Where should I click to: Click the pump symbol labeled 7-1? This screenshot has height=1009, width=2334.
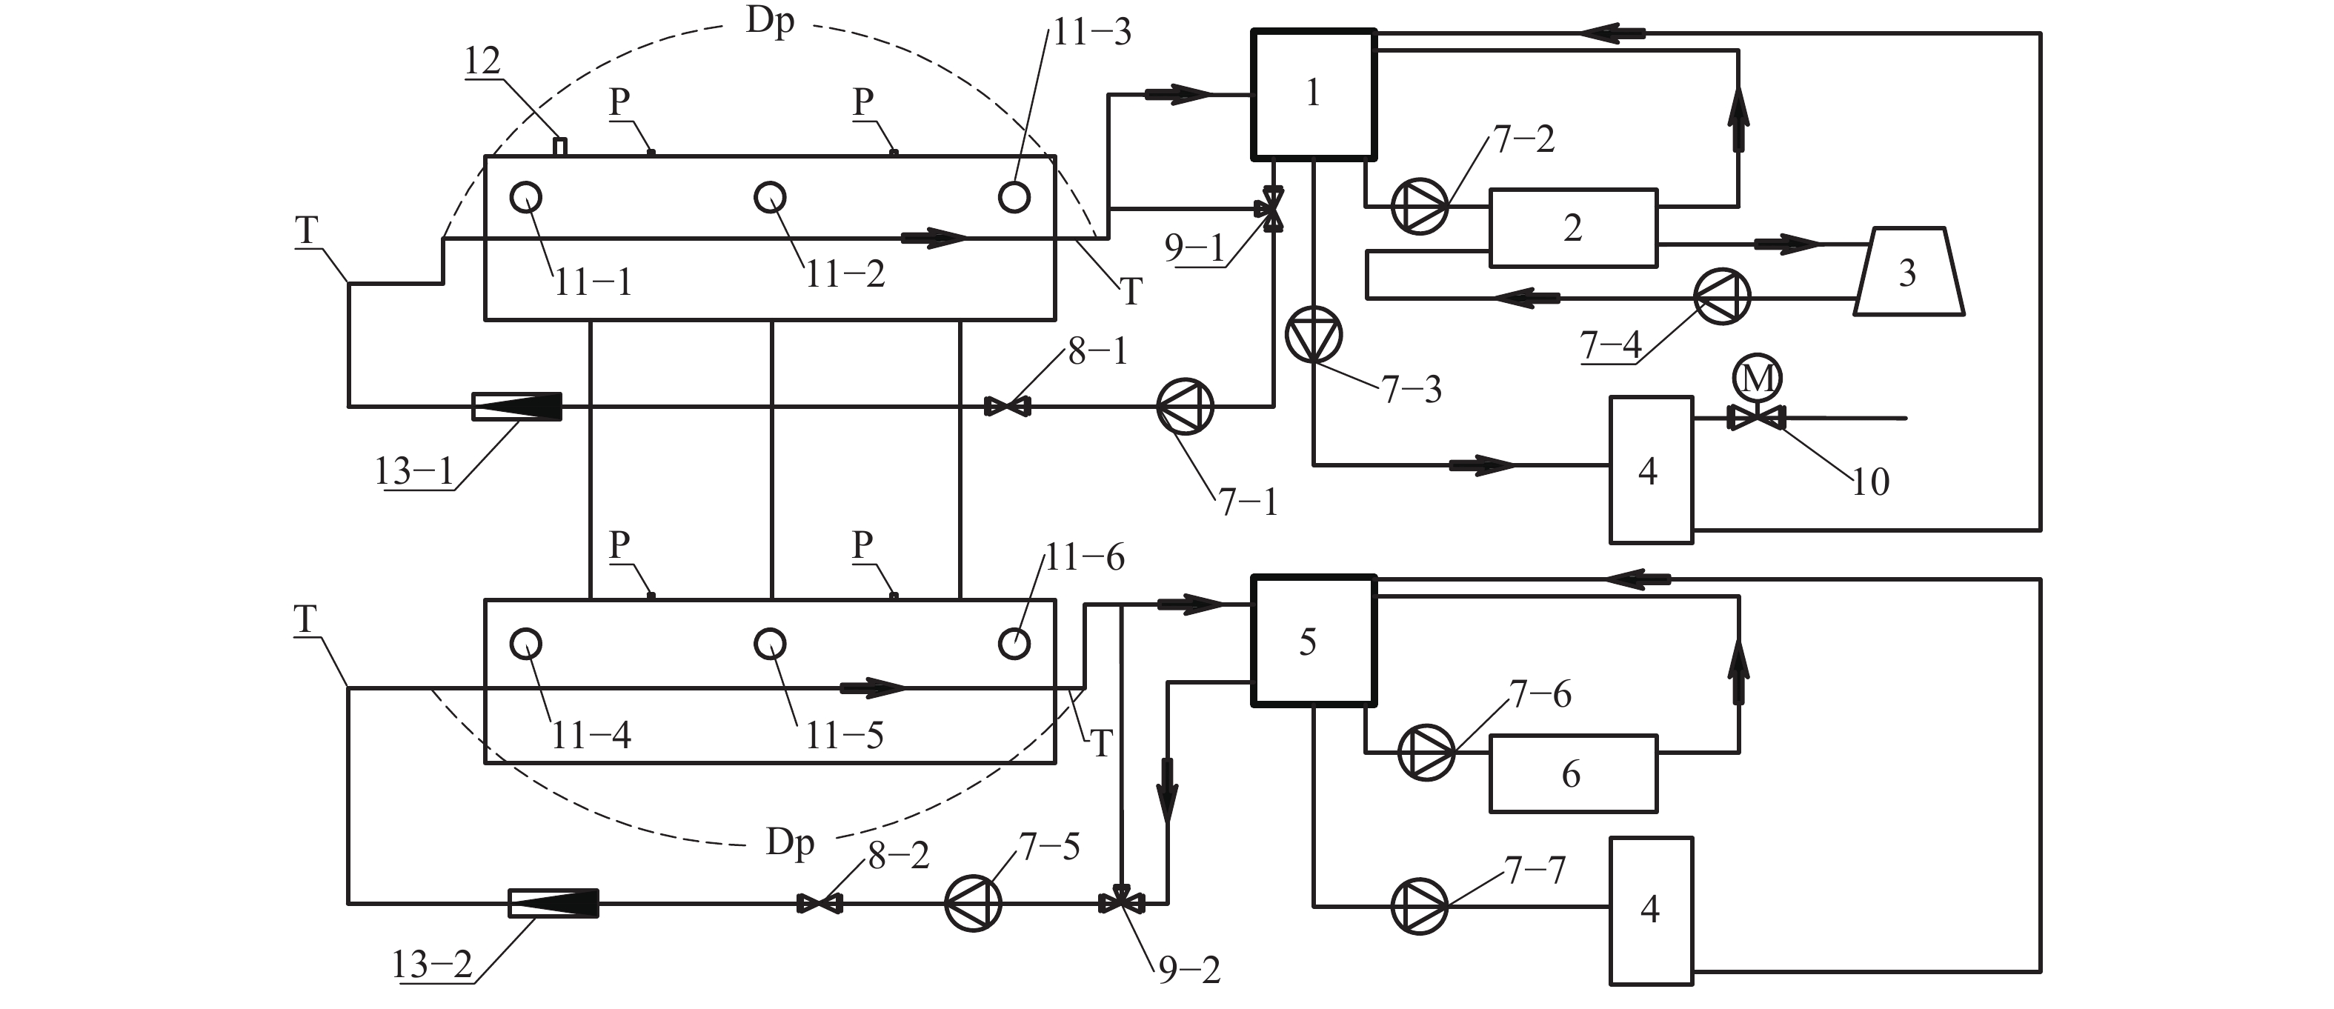pos(1185,407)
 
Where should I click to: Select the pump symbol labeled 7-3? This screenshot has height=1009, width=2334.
pos(1314,334)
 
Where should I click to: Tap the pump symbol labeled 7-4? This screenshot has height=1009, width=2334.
pos(1723,296)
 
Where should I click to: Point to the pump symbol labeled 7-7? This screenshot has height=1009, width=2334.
pos(1420,906)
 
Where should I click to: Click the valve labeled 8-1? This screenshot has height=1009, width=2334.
pos(1008,407)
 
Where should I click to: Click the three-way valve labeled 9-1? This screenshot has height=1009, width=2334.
pos(1272,209)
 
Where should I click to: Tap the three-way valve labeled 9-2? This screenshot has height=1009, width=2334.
pos(1122,902)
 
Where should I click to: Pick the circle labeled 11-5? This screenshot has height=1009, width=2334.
pos(770,644)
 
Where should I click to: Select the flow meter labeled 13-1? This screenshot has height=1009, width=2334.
pos(517,407)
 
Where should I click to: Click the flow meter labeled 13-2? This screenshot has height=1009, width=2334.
pos(553,903)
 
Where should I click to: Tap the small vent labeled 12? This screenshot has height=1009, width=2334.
pos(560,147)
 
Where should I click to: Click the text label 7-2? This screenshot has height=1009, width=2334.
pos(1524,139)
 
